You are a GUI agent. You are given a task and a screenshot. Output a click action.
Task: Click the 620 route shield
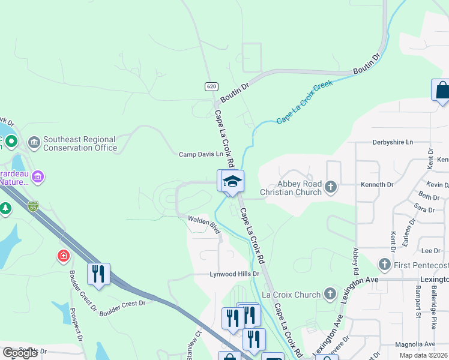[x=211, y=86]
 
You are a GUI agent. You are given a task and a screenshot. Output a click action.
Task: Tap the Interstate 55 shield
[x=33, y=205]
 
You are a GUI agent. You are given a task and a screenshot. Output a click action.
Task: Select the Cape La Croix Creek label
[x=304, y=103]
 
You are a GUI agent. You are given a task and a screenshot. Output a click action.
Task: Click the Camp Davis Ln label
[x=201, y=154]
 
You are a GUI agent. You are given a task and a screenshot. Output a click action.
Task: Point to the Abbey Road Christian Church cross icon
[x=330, y=188]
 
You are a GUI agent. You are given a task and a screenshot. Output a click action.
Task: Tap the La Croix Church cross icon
[x=330, y=295]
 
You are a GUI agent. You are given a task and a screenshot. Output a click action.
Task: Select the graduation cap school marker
[x=232, y=181]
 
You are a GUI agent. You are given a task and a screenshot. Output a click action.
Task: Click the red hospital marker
[x=63, y=257]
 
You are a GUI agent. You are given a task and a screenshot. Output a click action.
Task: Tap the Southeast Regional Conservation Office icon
[x=34, y=143]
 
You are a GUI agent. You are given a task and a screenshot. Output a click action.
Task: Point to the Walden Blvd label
[x=204, y=223]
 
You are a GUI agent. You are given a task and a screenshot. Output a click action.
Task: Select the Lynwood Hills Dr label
[x=234, y=274]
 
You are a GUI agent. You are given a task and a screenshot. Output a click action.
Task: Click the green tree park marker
[x=5, y=209]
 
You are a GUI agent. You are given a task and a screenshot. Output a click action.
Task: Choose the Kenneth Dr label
[x=377, y=185]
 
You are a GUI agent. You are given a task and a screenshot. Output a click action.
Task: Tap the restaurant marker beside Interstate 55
[x=98, y=274]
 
